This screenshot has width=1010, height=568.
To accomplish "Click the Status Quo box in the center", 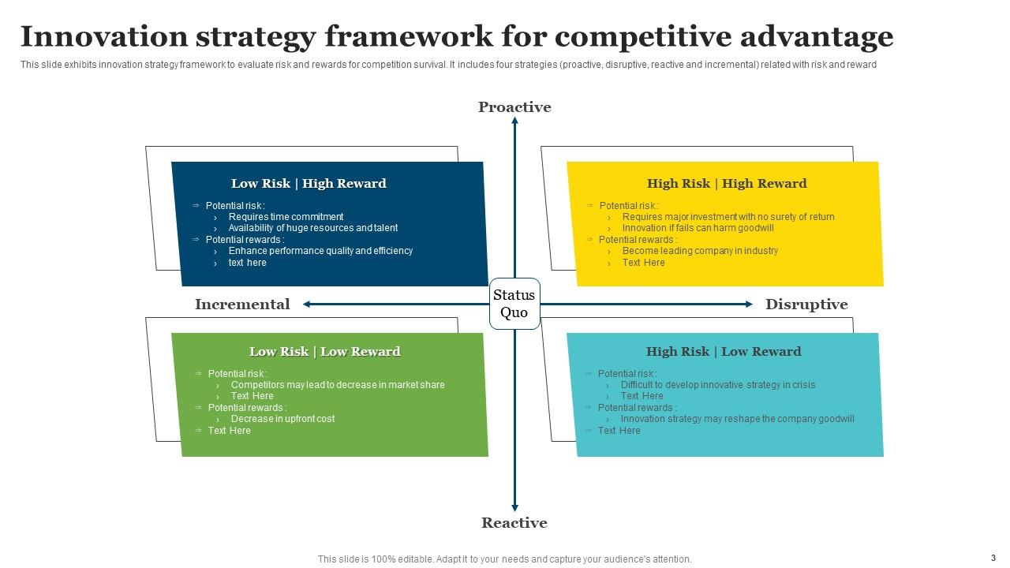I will pos(514,304).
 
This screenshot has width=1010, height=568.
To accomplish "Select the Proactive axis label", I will pos(514,107).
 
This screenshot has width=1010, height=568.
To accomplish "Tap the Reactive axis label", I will pos(514,523).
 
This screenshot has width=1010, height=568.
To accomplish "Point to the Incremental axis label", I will pos(242,305).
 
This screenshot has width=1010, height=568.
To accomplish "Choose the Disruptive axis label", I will pos(806,305).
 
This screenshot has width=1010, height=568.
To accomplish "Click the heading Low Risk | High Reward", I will pos(309,184).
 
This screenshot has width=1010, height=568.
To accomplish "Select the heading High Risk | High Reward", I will pos(727,184).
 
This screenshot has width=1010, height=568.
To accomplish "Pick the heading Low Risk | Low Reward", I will pos(324,352).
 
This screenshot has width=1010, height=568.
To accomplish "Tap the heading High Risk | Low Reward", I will pos(724,352).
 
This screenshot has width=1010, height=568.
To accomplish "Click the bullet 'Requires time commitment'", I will pos(286,217).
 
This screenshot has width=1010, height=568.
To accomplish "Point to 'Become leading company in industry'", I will pos(700,251).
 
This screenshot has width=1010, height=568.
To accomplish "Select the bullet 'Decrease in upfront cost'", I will pos(282,419).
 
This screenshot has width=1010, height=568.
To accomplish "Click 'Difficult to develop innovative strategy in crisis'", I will pos(718,385).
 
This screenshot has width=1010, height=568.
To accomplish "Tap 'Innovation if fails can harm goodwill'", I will pos(698,228).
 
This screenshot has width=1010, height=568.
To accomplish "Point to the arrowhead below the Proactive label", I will pos(514,121).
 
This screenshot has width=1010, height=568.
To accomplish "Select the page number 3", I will pos(993,557).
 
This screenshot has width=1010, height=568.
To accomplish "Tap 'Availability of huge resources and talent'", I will pos(313,228).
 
